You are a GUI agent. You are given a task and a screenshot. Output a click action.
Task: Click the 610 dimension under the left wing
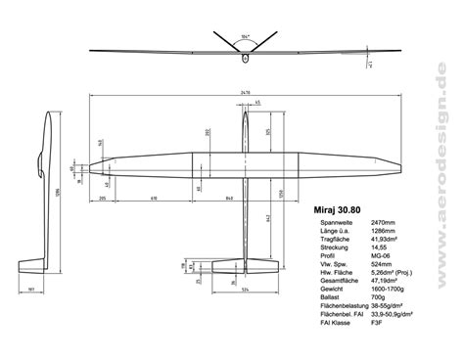pyautogui.click(x=154, y=199)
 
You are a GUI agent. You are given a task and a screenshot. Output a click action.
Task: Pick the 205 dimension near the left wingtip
pyautogui.click(x=103, y=199)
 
